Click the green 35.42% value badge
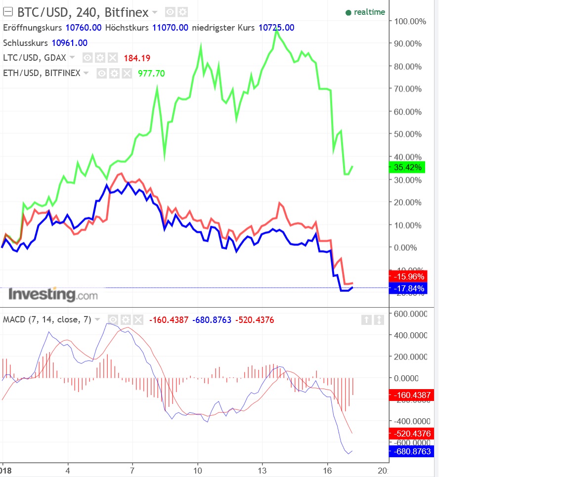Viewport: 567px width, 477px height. click(407, 167)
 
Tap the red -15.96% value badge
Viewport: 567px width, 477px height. click(407, 277)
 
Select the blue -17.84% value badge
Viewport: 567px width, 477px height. click(407, 288)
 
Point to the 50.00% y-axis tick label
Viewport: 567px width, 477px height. click(408, 134)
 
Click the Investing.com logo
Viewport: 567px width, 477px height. click(53, 295)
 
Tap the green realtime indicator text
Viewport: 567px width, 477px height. click(369, 12)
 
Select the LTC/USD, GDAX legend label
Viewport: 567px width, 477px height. click(35, 58)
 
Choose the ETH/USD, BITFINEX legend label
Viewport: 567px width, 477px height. click(42, 73)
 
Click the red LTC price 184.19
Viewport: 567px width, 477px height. click(137, 58)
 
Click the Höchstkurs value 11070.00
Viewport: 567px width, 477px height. click(170, 28)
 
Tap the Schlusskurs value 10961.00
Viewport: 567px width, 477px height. click(69, 43)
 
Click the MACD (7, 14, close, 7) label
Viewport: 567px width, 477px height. click(47, 319)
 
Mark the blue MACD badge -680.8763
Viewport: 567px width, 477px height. click(411, 451)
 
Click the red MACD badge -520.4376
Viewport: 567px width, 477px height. click(411, 434)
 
